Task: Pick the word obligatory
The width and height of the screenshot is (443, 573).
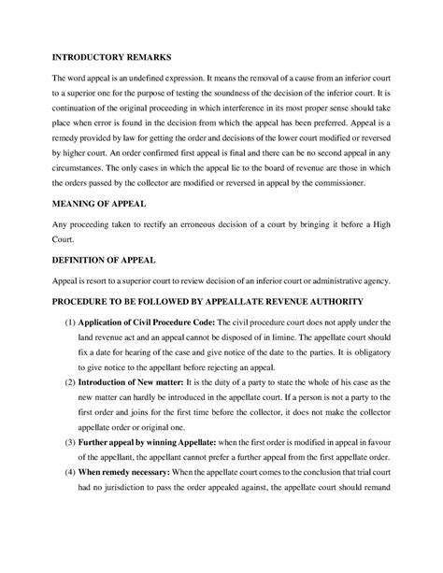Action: pos(372,354)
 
